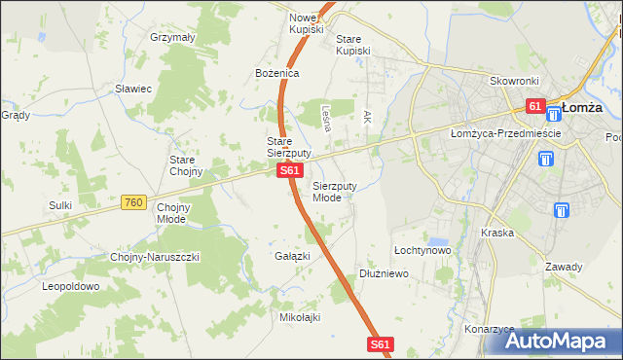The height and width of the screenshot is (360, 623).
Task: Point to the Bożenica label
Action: tap(277, 73)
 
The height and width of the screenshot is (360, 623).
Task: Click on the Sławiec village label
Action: tap(133, 89)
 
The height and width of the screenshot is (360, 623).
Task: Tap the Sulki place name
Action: tap(61, 205)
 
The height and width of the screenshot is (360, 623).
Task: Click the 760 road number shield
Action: tap(134, 202)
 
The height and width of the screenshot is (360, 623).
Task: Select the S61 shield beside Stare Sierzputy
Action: tap(287, 171)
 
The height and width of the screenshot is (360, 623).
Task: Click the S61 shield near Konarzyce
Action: tap(382, 344)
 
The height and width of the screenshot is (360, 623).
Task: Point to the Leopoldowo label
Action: tap(71, 287)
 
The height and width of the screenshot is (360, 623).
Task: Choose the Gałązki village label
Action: tap(292, 256)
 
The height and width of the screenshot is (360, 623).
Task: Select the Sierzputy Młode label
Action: tap(334, 191)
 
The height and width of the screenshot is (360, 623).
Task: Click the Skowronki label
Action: tap(513, 82)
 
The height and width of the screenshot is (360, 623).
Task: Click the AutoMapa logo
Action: tap(559, 341)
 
